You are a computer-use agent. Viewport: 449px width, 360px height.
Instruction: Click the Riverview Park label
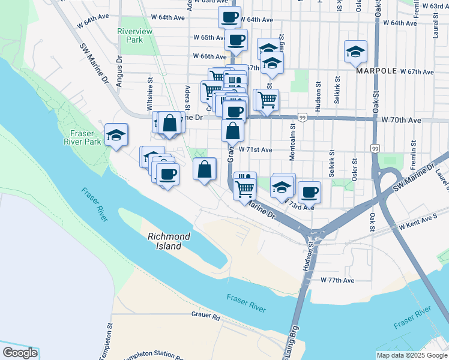pyautogui.click(x=130, y=35)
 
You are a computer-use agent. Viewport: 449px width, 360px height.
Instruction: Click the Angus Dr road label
pyautogui.click(x=119, y=75)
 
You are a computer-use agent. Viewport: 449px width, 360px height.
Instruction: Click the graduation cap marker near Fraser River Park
pyautogui.click(x=116, y=135)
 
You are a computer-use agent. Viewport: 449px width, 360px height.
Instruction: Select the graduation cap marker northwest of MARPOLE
pyautogui.click(x=356, y=52)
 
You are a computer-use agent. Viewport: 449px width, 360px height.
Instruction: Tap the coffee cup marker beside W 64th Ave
pyautogui.click(x=229, y=17)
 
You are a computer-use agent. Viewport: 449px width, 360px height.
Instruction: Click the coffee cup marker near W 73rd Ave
pyautogui.click(x=309, y=192)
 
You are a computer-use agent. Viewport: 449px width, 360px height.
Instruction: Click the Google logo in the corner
pyautogui.click(x=20, y=353)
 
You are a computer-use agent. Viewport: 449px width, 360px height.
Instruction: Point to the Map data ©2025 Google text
pyautogui.click(x=412, y=355)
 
